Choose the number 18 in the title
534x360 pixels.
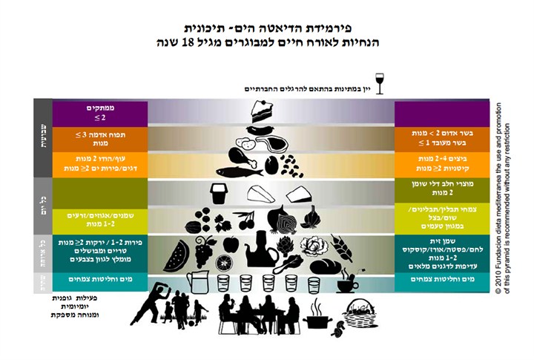click(205, 42)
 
